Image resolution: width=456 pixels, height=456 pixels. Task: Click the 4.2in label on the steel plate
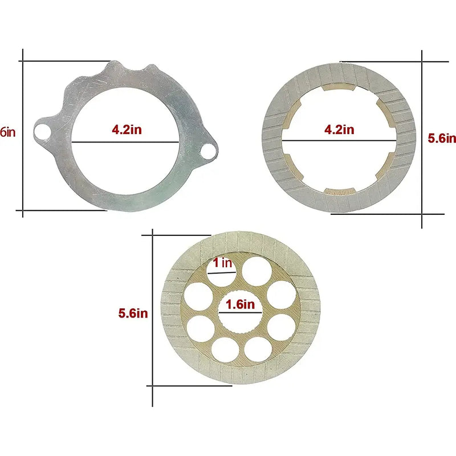pyautogui.click(x=127, y=129)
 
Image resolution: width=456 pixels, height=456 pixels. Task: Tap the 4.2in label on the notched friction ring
pyautogui.click(x=339, y=129)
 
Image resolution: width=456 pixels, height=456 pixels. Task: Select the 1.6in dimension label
pyautogui.click(x=239, y=304)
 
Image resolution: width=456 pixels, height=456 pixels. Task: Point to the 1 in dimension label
pyautogui.click(x=222, y=263)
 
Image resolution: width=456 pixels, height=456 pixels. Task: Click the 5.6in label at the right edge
pyautogui.click(x=442, y=138)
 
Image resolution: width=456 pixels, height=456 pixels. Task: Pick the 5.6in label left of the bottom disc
pyautogui.click(x=133, y=313)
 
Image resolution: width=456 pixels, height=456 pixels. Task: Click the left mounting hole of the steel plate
pyautogui.click(x=41, y=132)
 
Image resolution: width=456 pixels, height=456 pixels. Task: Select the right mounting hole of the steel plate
pyautogui.click(x=210, y=151)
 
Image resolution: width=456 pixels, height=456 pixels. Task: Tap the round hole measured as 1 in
pyautogui.click(x=222, y=274)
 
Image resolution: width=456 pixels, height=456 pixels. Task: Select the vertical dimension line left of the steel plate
pyautogui.click(x=23, y=134)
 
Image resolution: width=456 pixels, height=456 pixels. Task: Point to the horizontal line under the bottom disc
pyautogui.click(x=191, y=386)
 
